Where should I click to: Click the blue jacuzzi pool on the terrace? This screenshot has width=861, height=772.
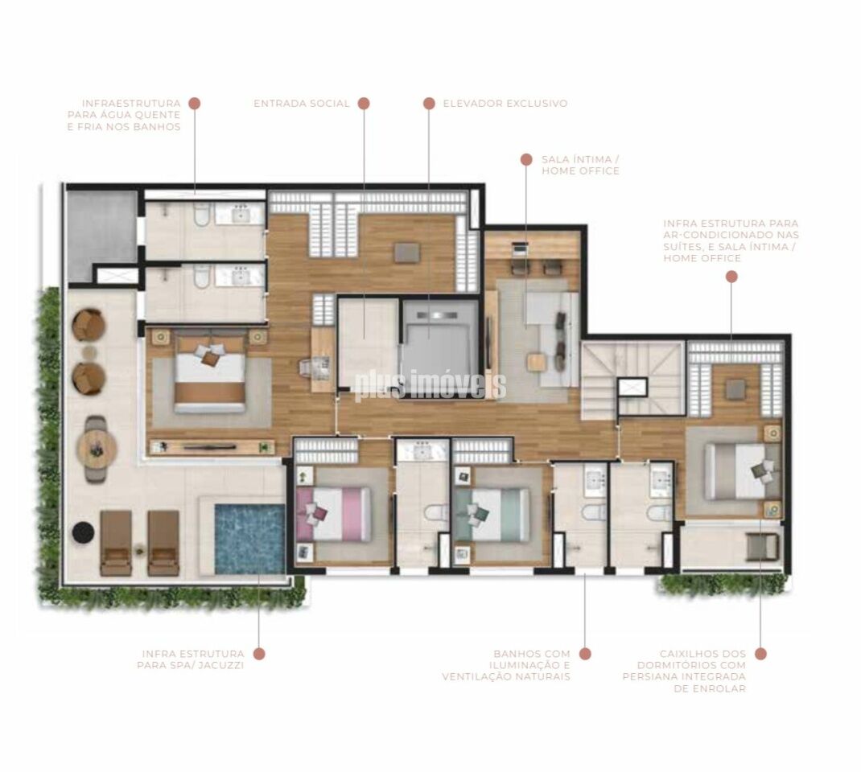(249, 539)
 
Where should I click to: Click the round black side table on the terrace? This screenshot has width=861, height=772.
(84, 531)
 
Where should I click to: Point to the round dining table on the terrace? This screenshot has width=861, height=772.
(97, 450)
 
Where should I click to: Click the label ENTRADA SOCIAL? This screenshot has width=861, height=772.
(302, 103)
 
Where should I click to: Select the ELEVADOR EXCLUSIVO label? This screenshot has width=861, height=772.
(505, 103)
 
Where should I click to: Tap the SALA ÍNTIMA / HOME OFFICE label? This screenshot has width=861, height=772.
(580, 165)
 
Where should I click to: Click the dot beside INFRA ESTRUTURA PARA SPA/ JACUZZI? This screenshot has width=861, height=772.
(259, 654)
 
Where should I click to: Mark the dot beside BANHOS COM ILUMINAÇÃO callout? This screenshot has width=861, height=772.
(585, 654)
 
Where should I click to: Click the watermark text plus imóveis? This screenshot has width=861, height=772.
(430, 386)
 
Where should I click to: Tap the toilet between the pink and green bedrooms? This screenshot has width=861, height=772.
(436, 513)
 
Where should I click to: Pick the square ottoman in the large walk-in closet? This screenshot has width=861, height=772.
(406, 253)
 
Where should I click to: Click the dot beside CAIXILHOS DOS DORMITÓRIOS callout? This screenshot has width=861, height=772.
(760, 654)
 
